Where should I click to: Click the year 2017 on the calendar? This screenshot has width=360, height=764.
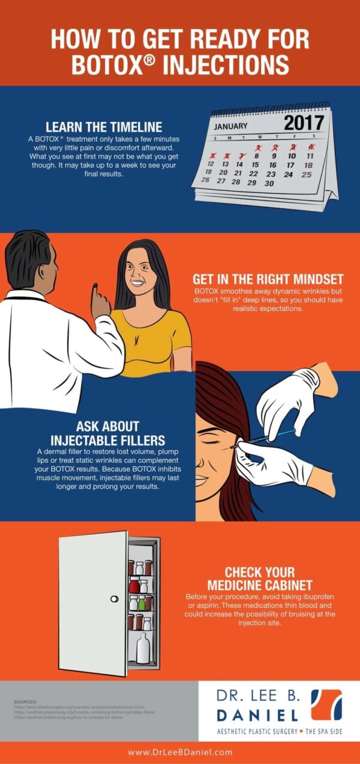[x=303, y=122]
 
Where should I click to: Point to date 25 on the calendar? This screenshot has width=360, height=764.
[x=307, y=175]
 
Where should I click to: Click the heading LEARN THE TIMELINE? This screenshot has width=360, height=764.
[x=104, y=127]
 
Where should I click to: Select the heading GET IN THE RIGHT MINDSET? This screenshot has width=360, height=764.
[x=268, y=279]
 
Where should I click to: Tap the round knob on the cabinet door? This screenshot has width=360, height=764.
[x=114, y=598]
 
